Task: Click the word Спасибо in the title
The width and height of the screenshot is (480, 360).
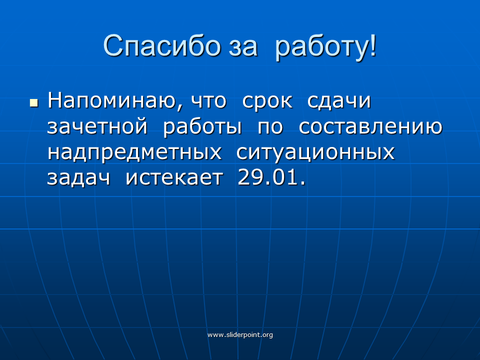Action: point(162,46)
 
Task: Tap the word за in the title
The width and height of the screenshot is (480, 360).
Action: point(243,48)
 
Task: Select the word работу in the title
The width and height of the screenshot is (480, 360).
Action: point(321,48)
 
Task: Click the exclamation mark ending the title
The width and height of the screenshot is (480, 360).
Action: point(373,45)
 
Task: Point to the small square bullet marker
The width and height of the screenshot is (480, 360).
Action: point(34,102)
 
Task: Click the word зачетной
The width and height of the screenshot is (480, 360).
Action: point(97,126)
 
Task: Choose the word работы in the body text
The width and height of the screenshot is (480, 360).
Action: point(202,126)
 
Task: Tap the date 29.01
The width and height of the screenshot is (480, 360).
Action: point(271,177)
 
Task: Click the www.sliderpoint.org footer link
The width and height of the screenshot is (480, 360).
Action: point(240,335)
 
